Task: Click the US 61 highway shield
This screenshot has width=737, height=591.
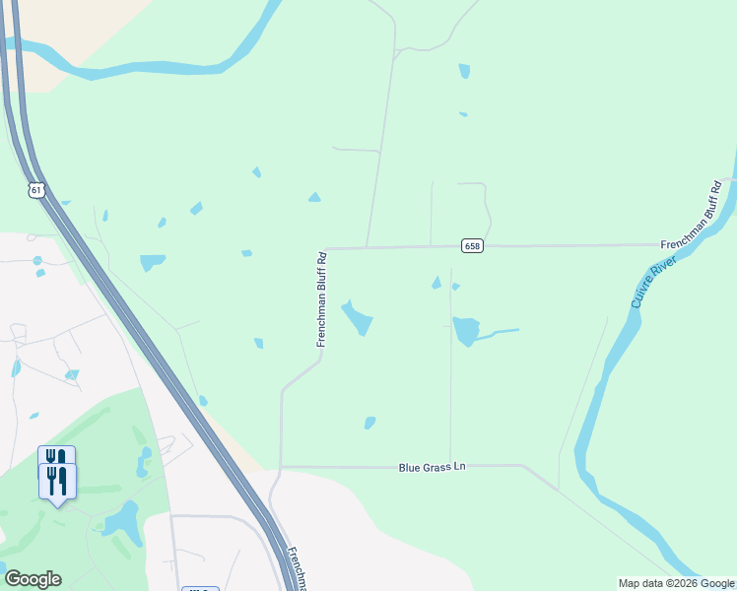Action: coord(37,189)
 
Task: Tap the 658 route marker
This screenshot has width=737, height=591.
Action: coord(473,245)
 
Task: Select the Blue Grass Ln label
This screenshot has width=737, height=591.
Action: coord(432,466)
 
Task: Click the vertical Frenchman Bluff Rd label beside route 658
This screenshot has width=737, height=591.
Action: coord(321,298)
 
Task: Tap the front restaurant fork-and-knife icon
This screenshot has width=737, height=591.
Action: coord(57,482)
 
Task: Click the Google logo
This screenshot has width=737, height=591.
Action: coord(33,579)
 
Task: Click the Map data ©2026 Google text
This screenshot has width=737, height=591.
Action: coord(677,583)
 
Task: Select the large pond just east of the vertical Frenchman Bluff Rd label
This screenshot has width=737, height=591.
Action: coord(358,317)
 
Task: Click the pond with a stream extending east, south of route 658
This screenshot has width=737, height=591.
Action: coord(465,330)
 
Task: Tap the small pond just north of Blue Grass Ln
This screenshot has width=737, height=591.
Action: coord(369,423)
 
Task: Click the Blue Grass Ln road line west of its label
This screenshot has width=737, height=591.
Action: coord(335,467)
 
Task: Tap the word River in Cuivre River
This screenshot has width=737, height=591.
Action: coord(658,270)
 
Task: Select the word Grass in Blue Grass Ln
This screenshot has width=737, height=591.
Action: coord(433,466)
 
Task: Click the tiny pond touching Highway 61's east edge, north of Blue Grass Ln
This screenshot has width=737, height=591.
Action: coord(202,400)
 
